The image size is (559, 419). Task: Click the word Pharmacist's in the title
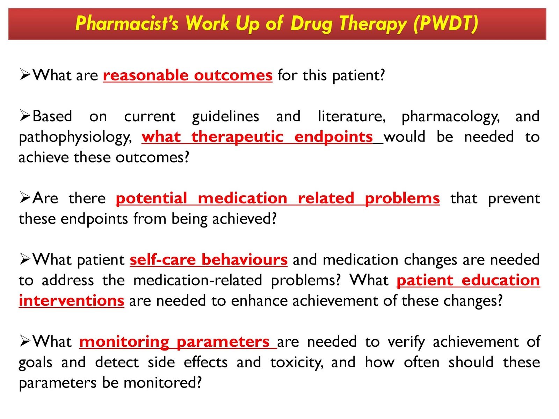pyautogui.click(x=127, y=23)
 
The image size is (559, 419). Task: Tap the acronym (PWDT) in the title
pyautogui.click(x=446, y=23)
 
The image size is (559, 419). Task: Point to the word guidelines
pyautogui.click(x=225, y=117)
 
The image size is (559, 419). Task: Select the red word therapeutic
pyautogui.click(x=237, y=137)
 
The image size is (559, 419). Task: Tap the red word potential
pyautogui.click(x=151, y=198)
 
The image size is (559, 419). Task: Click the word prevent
pyautogui.click(x=514, y=198)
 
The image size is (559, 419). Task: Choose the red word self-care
pyautogui.click(x=162, y=260)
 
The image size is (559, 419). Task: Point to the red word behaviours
pyautogui.click(x=245, y=260)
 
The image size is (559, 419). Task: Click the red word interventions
pyautogui.click(x=72, y=301)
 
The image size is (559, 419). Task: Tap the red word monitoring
pyautogui.click(x=124, y=341)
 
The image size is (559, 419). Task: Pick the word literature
pyautogui.click(x=351, y=116)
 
